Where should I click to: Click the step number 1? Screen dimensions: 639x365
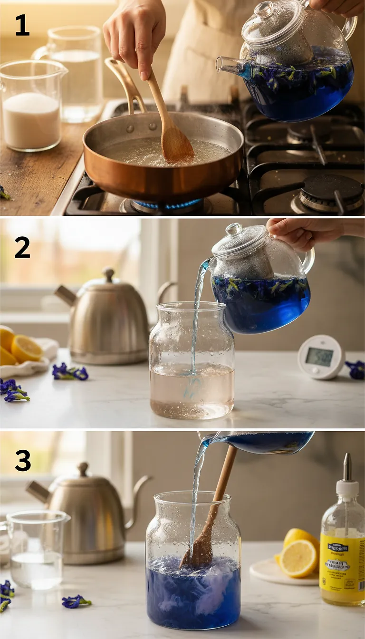click(x=22, y=25)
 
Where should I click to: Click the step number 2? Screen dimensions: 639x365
click(x=22, y=247)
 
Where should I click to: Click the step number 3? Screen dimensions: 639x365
click(x=22, y=460)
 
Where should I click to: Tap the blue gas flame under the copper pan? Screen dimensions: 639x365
click(x=166, y=205)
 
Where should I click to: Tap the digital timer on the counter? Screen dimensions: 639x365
click(x=321, y=357)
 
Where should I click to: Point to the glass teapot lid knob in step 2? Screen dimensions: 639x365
click(x=234, y=229)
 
